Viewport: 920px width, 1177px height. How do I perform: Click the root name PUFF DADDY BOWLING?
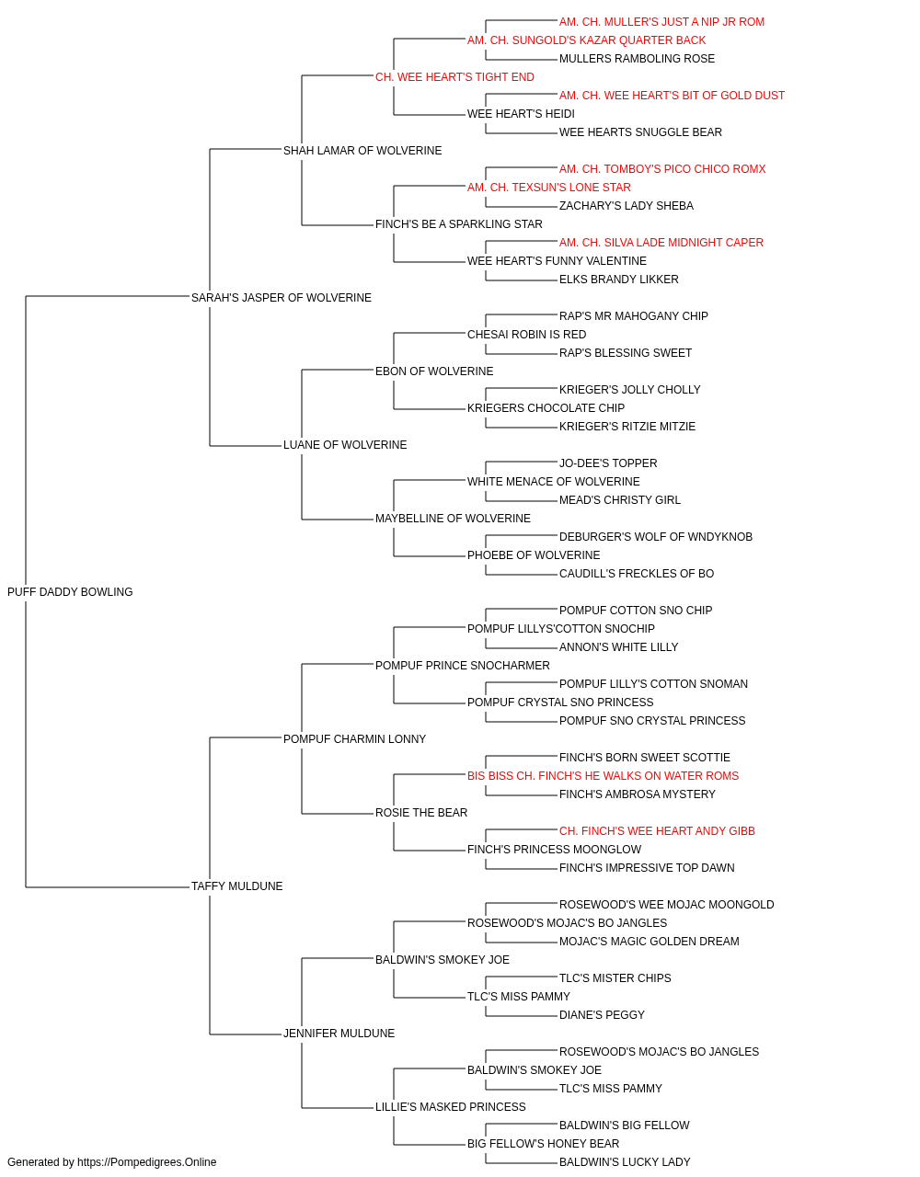coord(70,592)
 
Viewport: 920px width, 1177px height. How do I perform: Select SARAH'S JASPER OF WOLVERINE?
coord(282,298)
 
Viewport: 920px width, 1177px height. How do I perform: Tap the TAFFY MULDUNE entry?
coord(236,886)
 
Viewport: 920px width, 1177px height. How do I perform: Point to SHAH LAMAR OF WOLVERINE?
coord(362,151)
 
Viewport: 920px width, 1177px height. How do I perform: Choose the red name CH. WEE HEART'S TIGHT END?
coord(454,77)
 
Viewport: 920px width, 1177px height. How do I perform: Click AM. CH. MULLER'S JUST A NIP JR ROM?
coord(661,22)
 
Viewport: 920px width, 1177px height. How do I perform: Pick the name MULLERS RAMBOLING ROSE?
coord(637,59)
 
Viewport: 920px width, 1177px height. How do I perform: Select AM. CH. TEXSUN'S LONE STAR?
coord(549,188)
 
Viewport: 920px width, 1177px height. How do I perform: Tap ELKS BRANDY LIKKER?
coord(619,280)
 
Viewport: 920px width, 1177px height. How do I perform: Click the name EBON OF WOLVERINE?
coord(434,371)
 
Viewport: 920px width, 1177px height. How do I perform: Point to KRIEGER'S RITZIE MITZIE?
coord(627,427)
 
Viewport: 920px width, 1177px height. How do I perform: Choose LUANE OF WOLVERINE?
coord(345,445)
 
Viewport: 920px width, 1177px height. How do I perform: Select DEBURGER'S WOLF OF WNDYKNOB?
coord(656,537)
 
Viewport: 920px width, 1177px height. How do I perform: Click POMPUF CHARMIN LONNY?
coord(354,739)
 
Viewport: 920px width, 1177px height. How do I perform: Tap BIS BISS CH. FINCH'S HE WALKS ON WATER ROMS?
coord(603,776)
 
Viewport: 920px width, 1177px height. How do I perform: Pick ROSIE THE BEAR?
coord(421,813)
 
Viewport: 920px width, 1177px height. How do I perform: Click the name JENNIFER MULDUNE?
coord(339,1034)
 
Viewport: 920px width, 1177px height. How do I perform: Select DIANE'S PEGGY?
coord(602,1015)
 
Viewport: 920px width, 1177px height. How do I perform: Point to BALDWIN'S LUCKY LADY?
coord(624,1162)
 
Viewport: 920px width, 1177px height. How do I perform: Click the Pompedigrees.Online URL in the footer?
coord(146,1162)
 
